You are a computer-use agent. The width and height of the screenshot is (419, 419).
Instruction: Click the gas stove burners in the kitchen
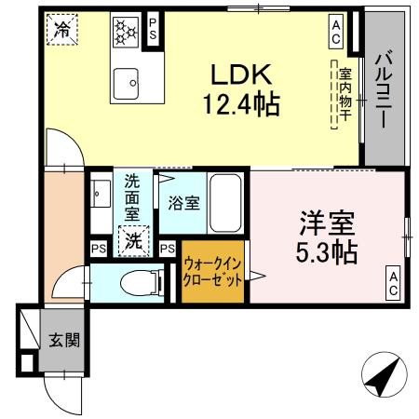[125, 32]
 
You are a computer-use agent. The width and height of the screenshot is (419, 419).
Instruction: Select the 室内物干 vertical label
[345, 93]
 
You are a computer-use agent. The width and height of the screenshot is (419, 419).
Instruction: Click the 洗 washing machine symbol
[133, 241]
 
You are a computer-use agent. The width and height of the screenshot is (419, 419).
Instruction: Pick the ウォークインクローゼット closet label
[213, 271]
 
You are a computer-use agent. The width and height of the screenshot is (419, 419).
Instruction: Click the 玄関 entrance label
[64, 339]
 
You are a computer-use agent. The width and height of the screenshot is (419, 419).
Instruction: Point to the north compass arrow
[384, 378]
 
